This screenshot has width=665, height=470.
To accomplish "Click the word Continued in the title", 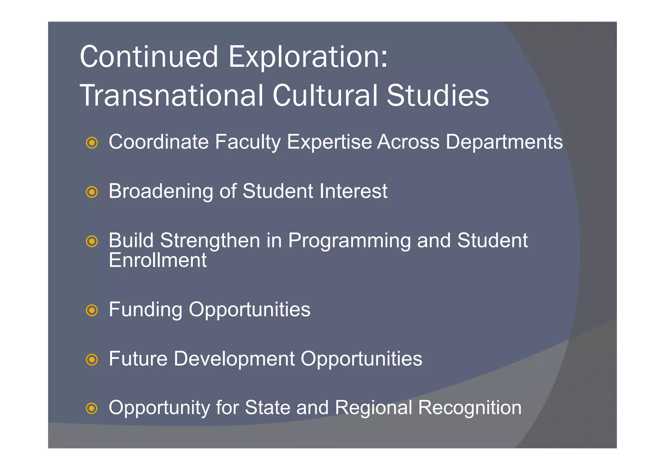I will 149,57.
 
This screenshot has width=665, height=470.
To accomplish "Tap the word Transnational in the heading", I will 171,95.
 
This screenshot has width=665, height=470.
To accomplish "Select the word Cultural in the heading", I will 325,95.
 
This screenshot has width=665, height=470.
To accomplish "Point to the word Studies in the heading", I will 437,95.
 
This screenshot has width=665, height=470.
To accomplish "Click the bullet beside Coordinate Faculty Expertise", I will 92,143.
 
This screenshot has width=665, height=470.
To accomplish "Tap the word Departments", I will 504,142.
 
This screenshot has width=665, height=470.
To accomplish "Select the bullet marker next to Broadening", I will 92,192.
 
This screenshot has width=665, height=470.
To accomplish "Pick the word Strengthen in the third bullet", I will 210,241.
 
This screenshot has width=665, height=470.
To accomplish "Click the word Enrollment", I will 157,260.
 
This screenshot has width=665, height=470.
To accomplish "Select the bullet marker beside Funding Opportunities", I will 92,310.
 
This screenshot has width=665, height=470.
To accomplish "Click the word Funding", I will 145,310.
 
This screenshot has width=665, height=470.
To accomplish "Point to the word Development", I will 234,359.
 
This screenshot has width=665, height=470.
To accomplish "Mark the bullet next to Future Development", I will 92,360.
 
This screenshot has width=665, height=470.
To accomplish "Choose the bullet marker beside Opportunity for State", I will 92,408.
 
